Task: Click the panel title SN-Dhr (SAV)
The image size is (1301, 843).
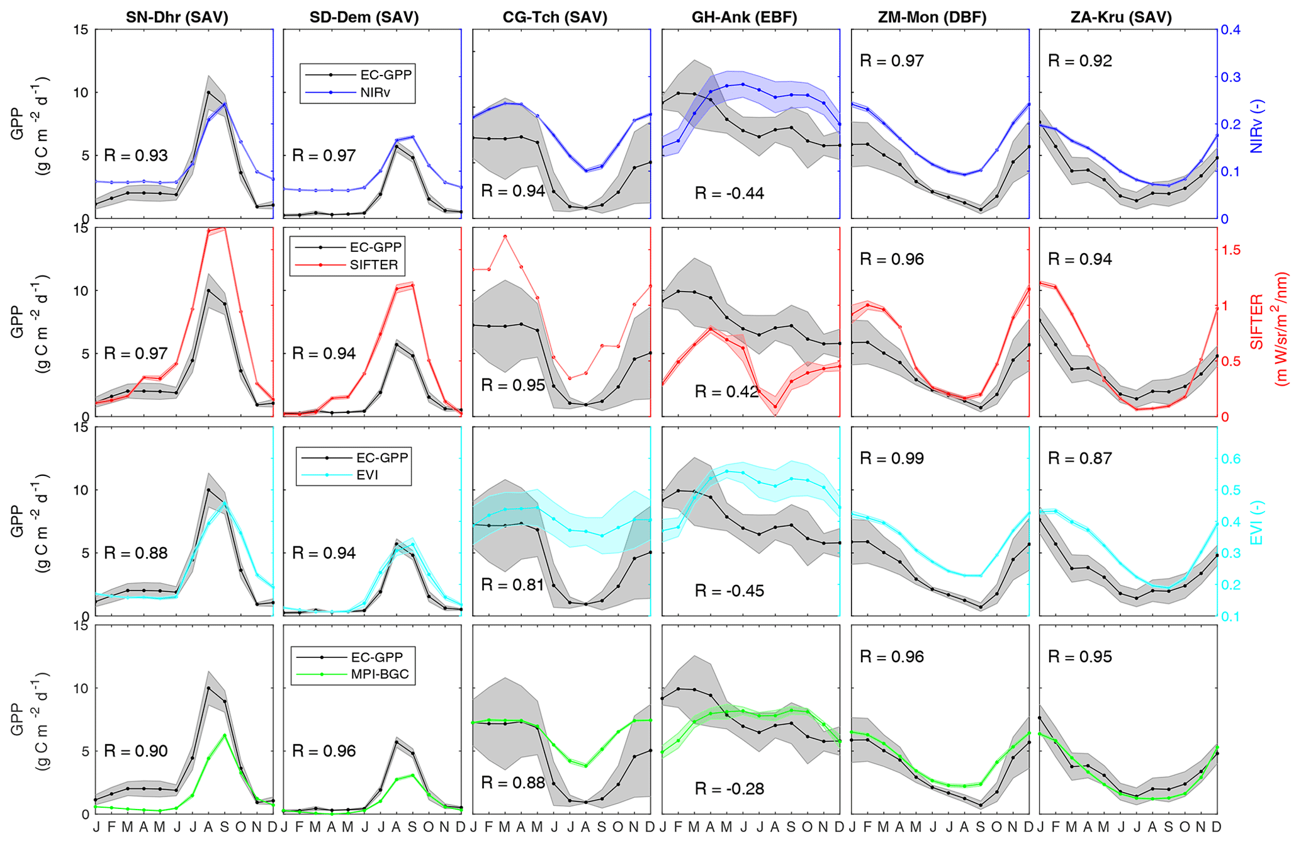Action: [x=177, y=18]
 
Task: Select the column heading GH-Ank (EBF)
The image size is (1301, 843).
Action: [x=744, y=18]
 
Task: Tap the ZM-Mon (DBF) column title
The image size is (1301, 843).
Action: [x=932, y=18]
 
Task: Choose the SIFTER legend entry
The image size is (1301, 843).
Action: [x=374, y=265]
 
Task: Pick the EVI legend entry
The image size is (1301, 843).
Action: [x=367, y=475]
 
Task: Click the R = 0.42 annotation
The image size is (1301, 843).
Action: [x=726, y=392]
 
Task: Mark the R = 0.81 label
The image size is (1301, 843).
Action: [x=512, y=585]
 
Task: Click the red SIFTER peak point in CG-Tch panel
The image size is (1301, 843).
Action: [x=505, y=237]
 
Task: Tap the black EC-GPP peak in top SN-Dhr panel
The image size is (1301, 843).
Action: [x=208, y=93]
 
